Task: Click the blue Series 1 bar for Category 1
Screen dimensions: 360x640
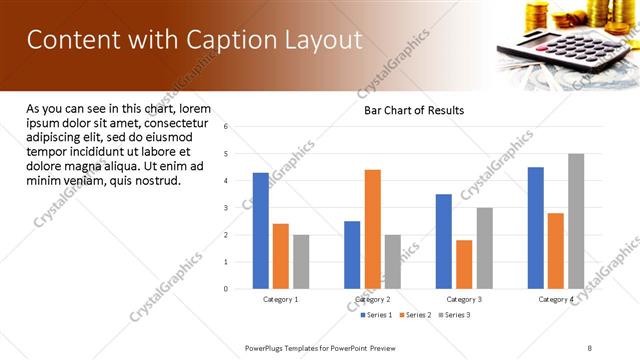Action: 261,231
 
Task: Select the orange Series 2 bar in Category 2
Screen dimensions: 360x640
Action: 372,229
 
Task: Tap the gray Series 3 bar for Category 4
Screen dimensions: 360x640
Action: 576,221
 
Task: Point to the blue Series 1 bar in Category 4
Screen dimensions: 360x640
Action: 536,228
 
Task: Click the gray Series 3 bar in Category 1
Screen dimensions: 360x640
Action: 301,262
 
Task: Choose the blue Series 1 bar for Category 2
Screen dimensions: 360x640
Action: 352,255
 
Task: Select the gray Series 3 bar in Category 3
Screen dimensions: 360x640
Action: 484,248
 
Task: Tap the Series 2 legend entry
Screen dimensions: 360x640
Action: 416,315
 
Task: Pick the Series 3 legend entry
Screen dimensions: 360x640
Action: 455,315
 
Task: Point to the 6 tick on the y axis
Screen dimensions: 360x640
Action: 227,127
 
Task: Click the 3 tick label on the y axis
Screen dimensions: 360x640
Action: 227,208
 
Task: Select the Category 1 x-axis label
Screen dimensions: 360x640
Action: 281,299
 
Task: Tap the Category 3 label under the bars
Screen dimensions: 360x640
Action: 464,299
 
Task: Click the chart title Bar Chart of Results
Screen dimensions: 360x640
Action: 413,110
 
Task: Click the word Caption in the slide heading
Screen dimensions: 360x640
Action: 221,40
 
